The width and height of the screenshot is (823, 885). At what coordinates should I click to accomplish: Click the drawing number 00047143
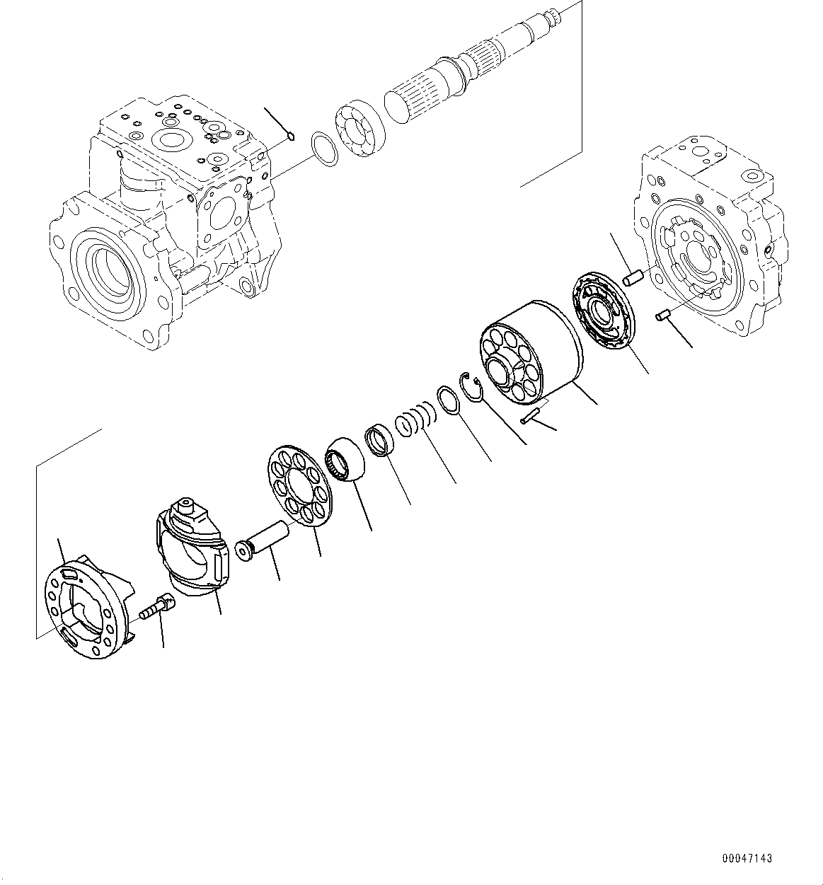coord(747,858)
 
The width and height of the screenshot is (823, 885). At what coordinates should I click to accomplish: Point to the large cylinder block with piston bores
coord(529,354)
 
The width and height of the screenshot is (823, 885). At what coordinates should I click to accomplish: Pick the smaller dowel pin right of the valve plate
coord(663,315)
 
